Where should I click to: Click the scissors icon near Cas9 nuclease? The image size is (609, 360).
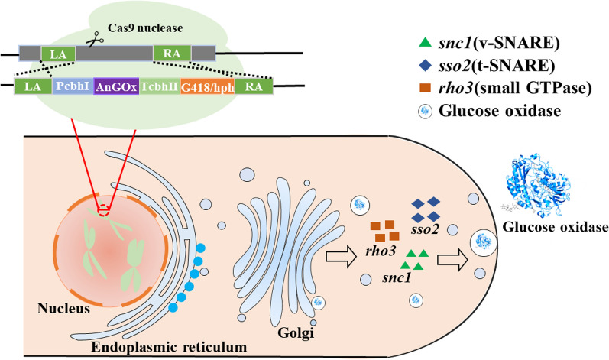point(95,39)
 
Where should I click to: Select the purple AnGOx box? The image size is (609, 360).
point(116,86)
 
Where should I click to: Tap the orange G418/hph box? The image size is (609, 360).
point(207,87)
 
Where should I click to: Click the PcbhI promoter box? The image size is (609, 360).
point(73,86)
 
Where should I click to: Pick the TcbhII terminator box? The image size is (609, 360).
point(160,86)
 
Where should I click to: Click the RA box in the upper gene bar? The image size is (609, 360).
point(172,54)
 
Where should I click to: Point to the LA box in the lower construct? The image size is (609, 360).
point(33,86)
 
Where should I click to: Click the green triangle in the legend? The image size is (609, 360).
point(426,42)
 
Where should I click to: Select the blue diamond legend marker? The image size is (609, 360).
point(426,66)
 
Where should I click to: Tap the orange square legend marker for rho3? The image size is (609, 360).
point(426,89)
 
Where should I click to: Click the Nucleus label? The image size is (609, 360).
point(63,309)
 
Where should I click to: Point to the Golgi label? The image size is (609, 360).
point(296,332)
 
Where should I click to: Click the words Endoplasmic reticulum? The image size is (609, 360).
point(169,346)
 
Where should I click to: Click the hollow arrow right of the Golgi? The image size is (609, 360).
point(341,257)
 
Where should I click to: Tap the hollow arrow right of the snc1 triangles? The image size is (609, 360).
point(453,260)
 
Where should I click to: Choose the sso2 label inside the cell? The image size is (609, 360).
point(425,229)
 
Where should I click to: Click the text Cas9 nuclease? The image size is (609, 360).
point(145,28)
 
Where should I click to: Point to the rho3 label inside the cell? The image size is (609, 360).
point(381,251)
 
